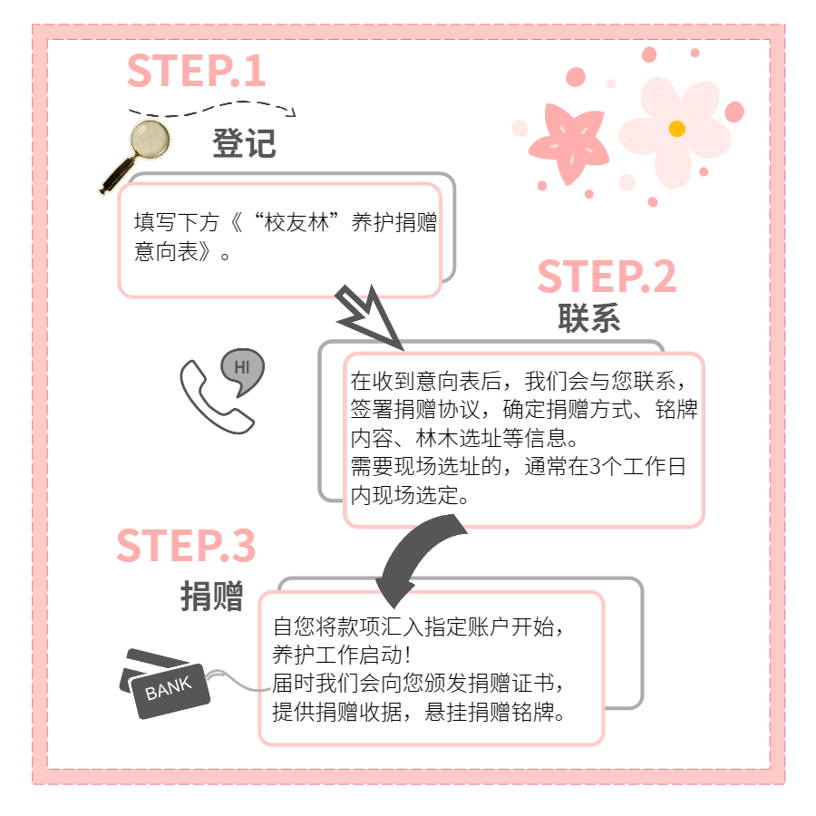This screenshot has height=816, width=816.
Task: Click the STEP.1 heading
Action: point(196,71)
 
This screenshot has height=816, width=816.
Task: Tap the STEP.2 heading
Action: point(607,277)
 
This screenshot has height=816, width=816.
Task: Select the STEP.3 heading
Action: point(186,546)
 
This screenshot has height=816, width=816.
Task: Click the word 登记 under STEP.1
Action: point(244,143)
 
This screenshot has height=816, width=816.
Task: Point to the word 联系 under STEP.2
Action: point(589,317)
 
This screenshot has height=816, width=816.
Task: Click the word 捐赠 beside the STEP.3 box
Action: point(212,596)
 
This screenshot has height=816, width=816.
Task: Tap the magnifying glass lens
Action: point(150,140)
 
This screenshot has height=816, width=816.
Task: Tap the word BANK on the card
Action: point(168,688)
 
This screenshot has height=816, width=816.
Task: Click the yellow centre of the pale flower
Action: point(676,129)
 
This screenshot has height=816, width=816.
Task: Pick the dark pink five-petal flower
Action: point(568,142)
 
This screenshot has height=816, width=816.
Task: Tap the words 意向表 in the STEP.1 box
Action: point(167,251)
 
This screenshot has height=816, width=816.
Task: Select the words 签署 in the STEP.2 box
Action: point(372,409)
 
